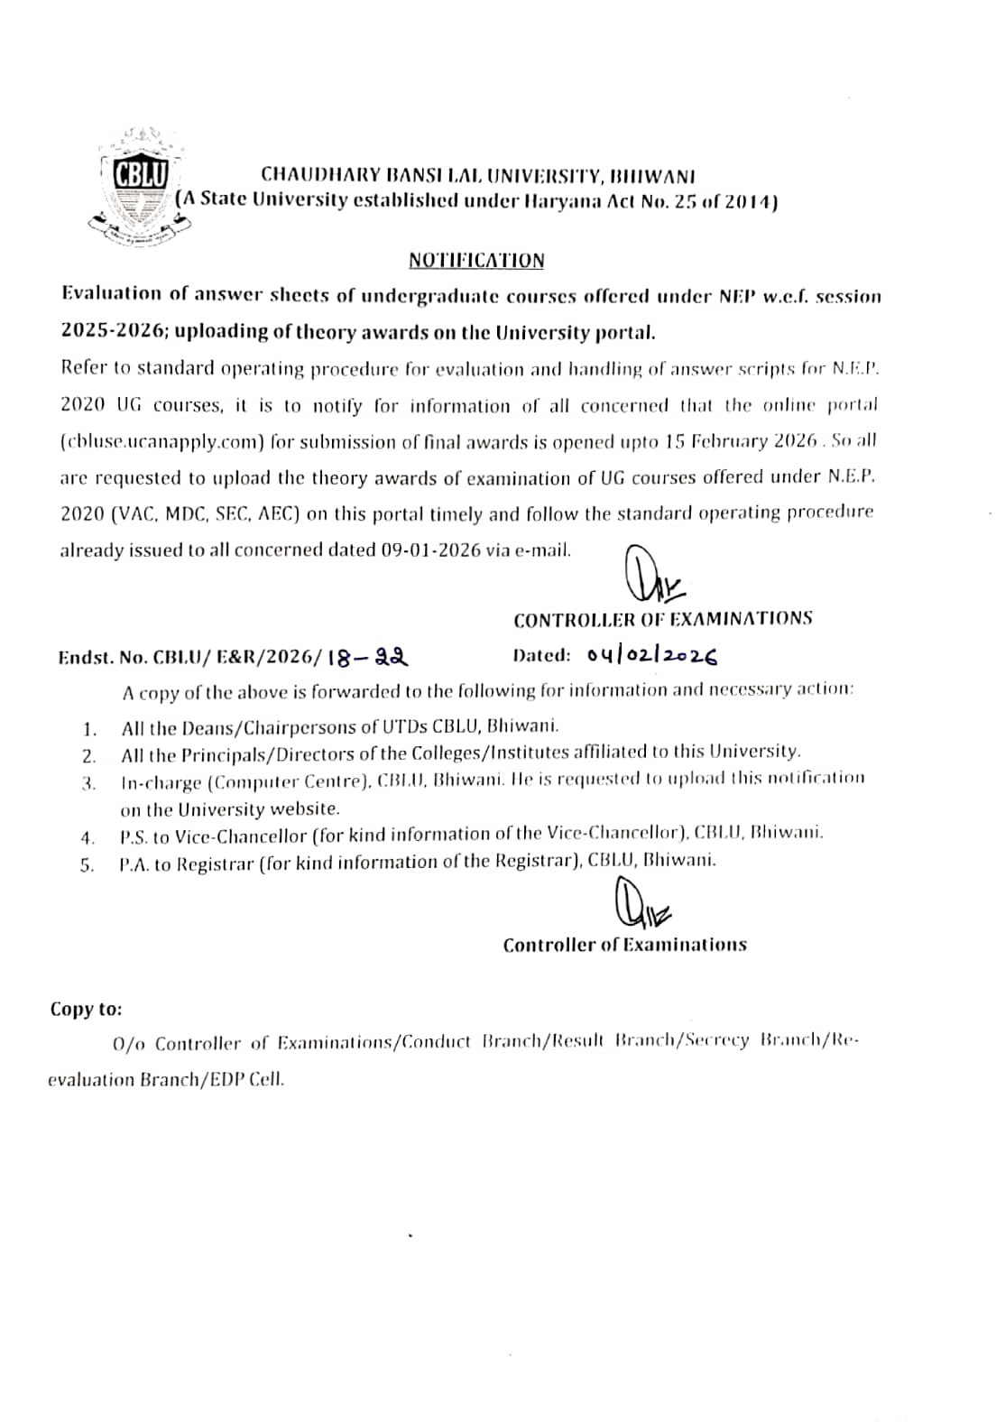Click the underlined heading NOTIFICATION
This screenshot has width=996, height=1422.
click(x=476, y=261)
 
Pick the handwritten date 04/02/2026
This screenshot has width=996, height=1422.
click(x=651, y=656)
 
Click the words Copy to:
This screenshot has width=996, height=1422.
click(x=86, y=1009)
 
